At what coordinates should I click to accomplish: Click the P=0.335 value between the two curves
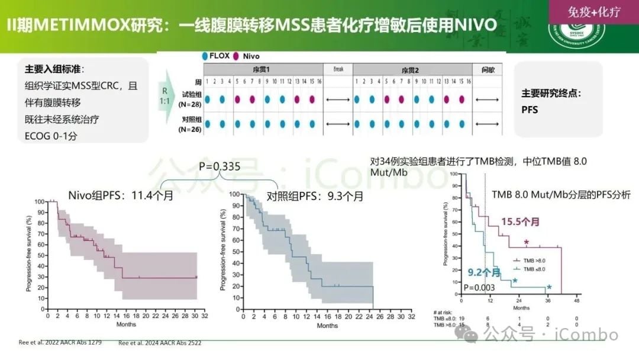pyautogui.click(x=220, y=167)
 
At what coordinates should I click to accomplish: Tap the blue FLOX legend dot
pyautogui.click(x=204, y=56)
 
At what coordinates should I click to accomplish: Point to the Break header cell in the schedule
pyautogui.click(x=338, y=69)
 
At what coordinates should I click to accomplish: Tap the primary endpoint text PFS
pyautogui.click(x=530, y=110)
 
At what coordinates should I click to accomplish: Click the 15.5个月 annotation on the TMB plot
pyautogui.click(x=521, y=221)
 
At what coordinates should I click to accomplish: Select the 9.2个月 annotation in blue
pyautogui.click(x=484, y=272)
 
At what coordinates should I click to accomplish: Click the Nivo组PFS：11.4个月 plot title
pyautogui.click(x=121, y=195)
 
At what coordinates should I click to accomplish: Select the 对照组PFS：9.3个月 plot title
pyautogui.click(x=315, y=196)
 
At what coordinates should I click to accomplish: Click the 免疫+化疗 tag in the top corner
pyautogui.click(x=593, y=12)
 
